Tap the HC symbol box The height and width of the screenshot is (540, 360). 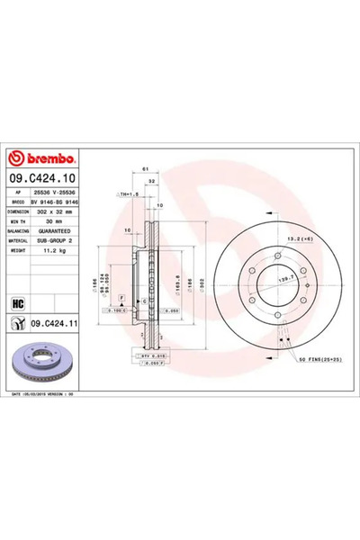[x=19, y=301]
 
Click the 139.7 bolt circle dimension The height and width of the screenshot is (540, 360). [x=285, y=282]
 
